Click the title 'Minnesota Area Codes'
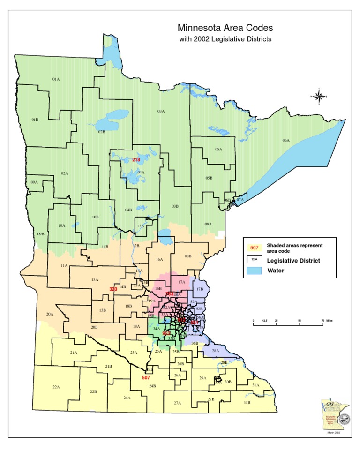coord(225,29)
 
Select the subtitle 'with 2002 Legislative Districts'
coord(225,39)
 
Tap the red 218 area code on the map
coord(136,160)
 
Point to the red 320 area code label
coord(113,289)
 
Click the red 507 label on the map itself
coord(146,377)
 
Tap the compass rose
coord(319,97)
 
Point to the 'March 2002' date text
coord(333,433)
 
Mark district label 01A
coord(56,79)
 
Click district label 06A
coord(286,140)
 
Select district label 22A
coord(56,387)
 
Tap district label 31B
coord(247,402)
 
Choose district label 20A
coord(50,314)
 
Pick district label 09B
coord(41,233)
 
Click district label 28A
coord(216,351)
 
